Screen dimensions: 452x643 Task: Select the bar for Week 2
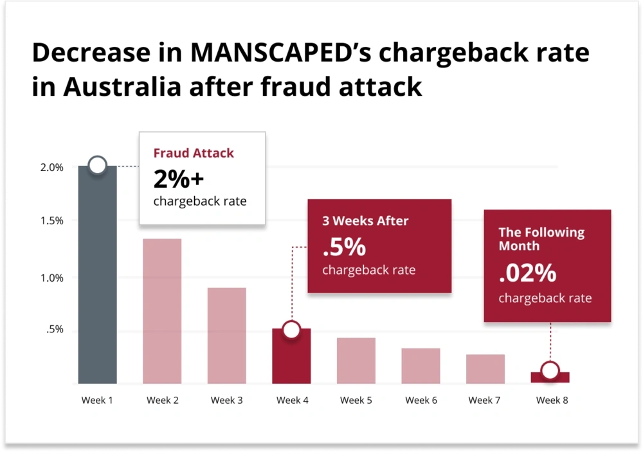[x=162, y=311]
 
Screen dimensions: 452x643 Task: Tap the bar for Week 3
[x=226, y=336]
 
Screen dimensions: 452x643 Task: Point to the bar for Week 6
[x=421, y=366]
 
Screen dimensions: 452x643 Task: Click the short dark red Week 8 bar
[x=550, y=378]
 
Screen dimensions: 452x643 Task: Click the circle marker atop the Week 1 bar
[x=97, y=165]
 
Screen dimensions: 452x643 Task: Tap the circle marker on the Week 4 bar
[x=291, y=330]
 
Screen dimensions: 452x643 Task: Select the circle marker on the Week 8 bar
[x=550, y=370]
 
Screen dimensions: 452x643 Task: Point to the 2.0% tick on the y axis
[x=52, y=168]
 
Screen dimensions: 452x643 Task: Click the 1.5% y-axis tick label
[x=52, y=221]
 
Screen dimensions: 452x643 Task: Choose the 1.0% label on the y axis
[x=52, y=278]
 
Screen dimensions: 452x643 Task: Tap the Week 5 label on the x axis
[x=356, y=400]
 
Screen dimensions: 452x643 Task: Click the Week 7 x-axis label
[x=485, y=400]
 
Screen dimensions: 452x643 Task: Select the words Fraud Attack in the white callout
[x=194, y=153]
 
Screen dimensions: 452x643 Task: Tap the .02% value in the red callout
[x=527, y=274]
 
